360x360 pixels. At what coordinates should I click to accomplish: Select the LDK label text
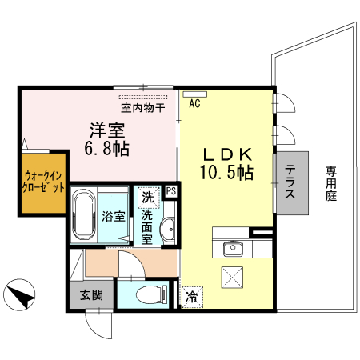[227, 154]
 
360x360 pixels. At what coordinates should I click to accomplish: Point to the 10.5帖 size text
[228, 172]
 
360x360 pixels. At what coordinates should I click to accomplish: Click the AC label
[194, 102]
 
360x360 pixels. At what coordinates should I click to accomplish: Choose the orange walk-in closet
[44, 186]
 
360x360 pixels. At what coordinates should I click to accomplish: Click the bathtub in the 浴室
[84, 214]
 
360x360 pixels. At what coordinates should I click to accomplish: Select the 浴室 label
[113, 216]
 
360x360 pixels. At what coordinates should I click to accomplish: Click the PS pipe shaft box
[170, 190]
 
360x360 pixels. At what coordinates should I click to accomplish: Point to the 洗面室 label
[148, 226]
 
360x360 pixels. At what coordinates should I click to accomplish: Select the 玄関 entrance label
[90, 294]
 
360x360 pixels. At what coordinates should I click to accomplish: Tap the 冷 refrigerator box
[192, 297]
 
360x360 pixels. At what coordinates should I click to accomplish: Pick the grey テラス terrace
[291, 182]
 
